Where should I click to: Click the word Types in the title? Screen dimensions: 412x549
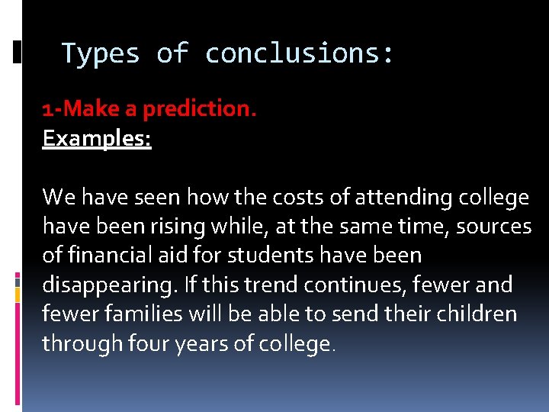click(100, 53)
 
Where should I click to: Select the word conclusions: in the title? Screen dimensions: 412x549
click(300, 53)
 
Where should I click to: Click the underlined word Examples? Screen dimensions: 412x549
click(97, 139)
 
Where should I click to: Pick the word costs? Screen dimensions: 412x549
click(270, 198)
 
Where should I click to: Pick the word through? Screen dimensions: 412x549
click(82, 343)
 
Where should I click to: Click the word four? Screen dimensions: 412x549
click(150, 343)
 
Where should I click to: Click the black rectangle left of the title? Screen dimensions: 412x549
click(17, 53)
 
